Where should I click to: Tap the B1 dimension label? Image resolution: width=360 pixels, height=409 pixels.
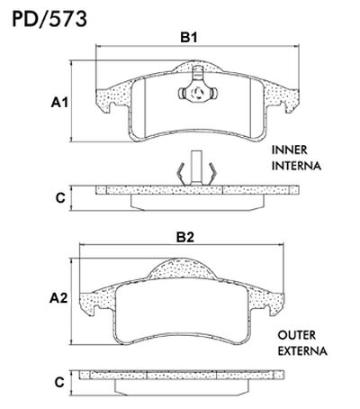[188, 38]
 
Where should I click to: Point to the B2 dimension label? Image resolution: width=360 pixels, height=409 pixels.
[184, 238]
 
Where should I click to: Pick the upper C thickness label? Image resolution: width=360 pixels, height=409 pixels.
[60, 195]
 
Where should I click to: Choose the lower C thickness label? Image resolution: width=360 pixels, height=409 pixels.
[60, 382]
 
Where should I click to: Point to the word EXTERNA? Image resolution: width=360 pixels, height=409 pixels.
[301, 350]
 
